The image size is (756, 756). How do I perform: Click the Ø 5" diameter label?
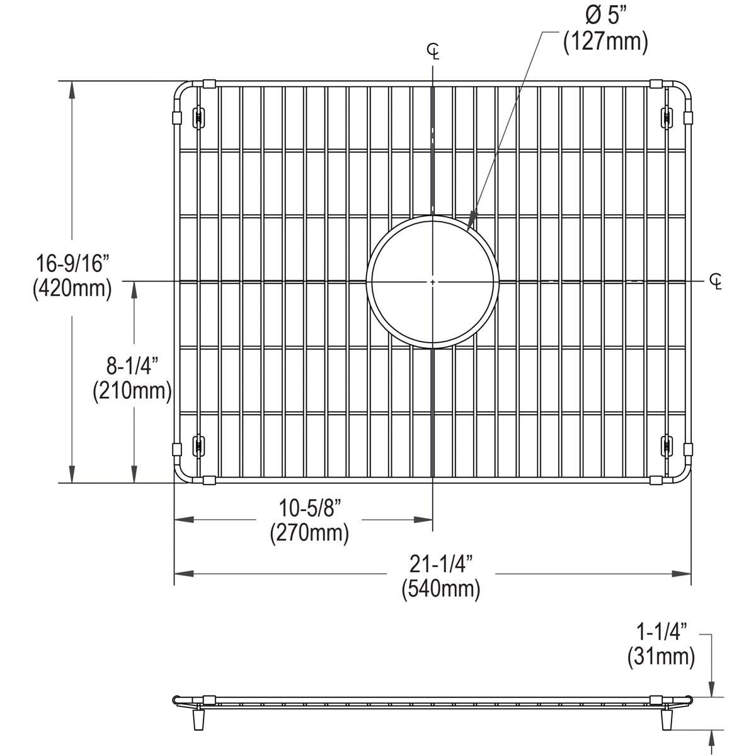pyautogui.click(x=606, y=16)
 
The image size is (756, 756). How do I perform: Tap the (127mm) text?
pyautogui.click(x=605, y=41)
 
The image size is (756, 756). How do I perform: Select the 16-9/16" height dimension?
pyautogui.click(x=72, y=263)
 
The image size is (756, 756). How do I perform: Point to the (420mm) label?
pyautogui.click(x=72, y=289)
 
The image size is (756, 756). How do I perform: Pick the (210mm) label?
pyautogui.click(x=132, y=391)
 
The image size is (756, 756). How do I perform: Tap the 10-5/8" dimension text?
pyautogui.click(x=309, y=508)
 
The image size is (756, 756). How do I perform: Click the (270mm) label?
pyautogui.click(x=309, y=534)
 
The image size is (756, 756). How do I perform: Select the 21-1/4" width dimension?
pyautogui.click(x=440, y=564)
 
